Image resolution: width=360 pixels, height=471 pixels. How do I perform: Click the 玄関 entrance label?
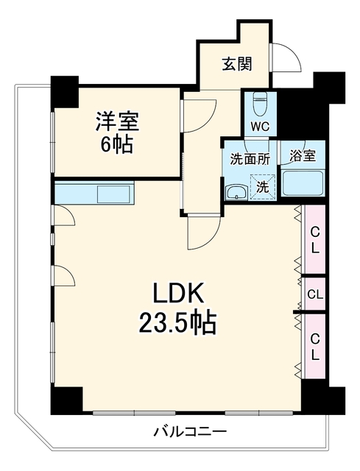[237, 64]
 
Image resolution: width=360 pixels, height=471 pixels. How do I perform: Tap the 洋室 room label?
[118, 121]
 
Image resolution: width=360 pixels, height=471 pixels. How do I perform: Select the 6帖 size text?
[116, 146]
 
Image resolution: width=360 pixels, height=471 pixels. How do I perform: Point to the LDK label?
[178, 292]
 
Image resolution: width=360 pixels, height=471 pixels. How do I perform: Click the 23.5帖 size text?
[177, 324]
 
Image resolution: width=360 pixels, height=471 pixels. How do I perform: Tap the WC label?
[260, 127]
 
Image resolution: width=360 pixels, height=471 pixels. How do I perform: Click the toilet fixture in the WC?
[260, 104]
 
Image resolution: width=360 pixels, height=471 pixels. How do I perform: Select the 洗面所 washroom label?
[250, 159]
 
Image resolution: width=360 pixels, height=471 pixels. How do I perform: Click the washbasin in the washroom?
[236, 191]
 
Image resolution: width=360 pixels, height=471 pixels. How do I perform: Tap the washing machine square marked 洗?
[263, 187]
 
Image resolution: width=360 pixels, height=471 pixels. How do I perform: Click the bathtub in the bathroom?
[303, 183]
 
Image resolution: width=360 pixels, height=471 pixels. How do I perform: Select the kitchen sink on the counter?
[113, 194]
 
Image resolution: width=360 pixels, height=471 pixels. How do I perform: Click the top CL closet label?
[314, 240]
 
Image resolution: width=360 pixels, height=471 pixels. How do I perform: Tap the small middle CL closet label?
[315, 294]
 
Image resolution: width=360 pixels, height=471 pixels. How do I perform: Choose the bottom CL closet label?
[314, 347]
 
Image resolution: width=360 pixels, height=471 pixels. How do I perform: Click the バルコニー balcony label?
[190, 432]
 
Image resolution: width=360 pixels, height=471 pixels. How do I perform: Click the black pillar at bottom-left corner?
[66, 400]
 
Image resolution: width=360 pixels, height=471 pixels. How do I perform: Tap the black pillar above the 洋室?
[64, 91]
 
